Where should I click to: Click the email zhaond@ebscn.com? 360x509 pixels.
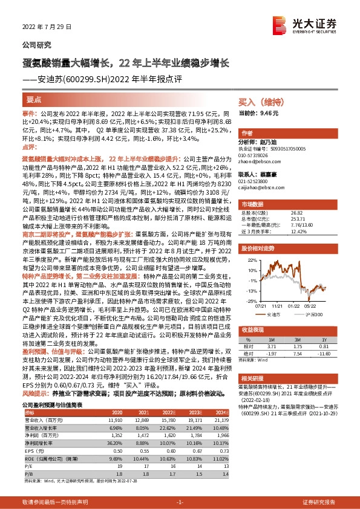pos(258,161)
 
